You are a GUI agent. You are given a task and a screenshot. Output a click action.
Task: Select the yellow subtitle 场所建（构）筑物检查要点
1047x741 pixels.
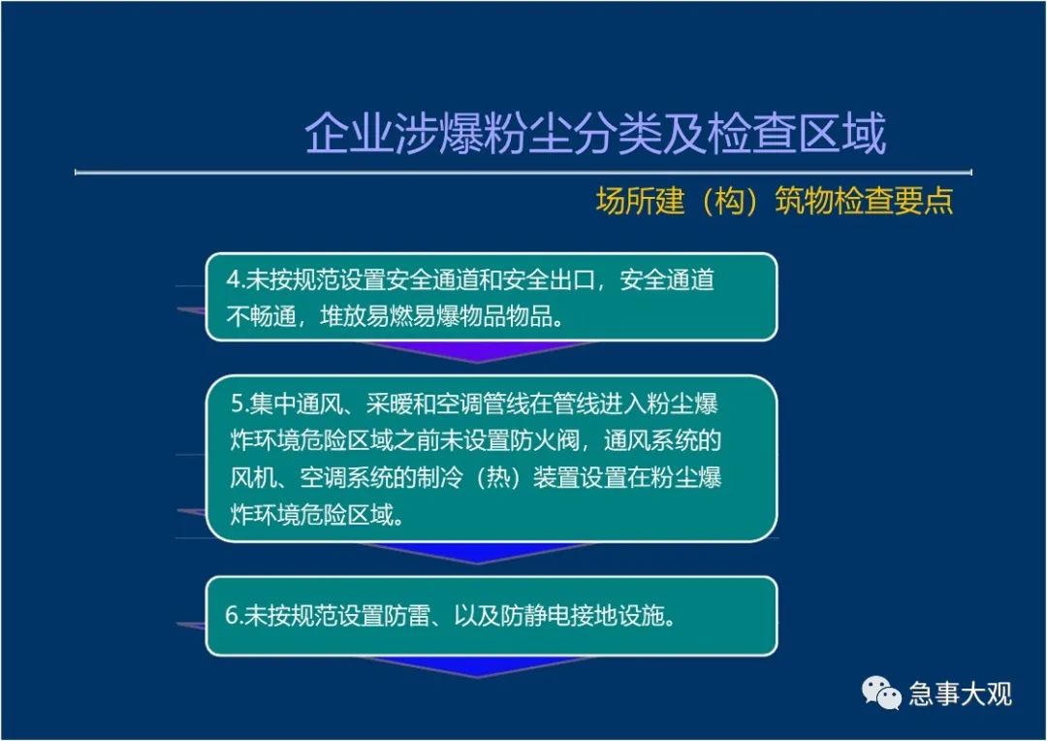[775, 201]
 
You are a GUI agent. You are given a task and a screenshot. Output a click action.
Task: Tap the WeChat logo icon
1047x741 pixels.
[881, 693]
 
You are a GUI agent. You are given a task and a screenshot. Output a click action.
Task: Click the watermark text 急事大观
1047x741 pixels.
[960, 694]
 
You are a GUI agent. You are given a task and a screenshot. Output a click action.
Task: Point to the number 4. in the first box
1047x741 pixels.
[236, 280]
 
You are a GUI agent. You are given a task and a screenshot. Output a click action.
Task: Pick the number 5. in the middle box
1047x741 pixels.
[240, 403]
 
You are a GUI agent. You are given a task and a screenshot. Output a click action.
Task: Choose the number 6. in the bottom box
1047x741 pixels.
[234, 615]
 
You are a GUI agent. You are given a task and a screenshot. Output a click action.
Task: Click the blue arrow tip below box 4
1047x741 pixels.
[477, 362]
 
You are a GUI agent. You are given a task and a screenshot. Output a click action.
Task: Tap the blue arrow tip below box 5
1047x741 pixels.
[477, 563]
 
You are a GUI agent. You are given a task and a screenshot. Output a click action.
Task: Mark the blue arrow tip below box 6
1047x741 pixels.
[477, 676]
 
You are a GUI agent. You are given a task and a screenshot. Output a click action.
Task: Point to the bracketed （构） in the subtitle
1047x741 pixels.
[729, 201]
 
